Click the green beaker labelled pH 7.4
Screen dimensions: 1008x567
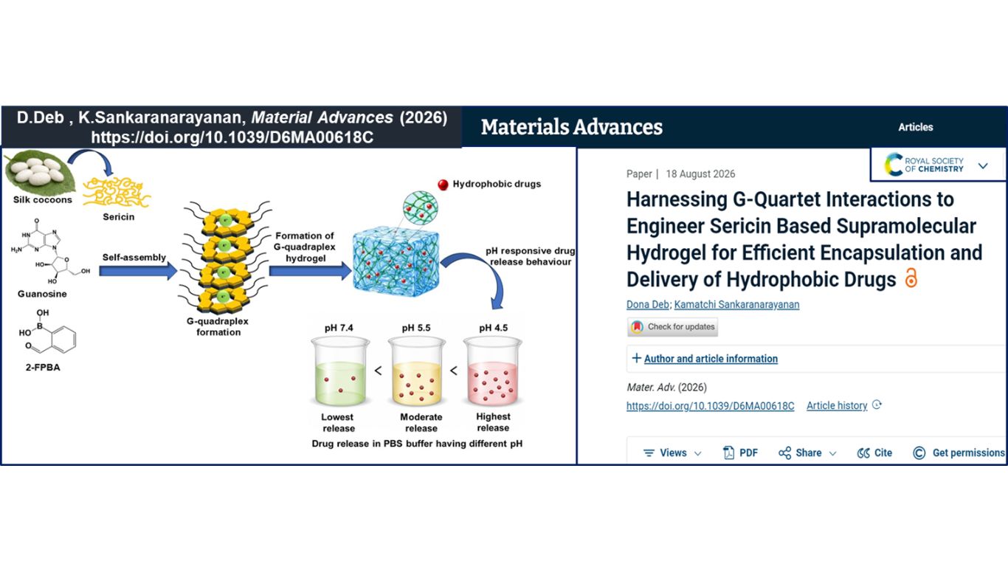click(x=340, y=371)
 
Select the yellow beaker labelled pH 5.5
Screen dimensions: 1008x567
click(x=417, y=371)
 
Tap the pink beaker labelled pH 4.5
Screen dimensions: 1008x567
click(x=493, y=371)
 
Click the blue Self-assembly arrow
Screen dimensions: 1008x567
click(x=138, y=271)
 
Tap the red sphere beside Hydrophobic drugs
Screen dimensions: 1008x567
click(x=443, y=185)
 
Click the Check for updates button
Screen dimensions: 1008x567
click(x=672, y=327)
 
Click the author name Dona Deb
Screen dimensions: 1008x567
click(x=648, y=304)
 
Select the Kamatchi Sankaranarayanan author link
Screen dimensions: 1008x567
click(x=736, y=304)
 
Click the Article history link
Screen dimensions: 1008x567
click(x=837, y=406)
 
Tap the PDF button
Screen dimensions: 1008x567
click(x=740, y=453)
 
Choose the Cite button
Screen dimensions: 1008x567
click(x=874, y=453)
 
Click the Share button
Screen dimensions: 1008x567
click(x=807, y=453)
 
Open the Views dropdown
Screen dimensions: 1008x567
click(x=672, y=453)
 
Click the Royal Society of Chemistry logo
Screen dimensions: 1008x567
click(x=924, y=165)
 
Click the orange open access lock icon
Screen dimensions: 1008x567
click(x=911, y=278)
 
